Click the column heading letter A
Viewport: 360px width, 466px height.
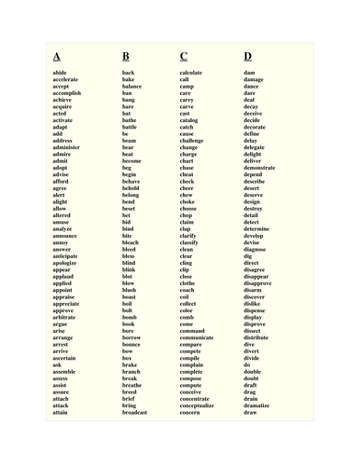point(57,56)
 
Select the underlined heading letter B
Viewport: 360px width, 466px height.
point(126,56)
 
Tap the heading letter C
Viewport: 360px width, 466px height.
point(184,56)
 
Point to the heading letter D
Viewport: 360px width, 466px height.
point(248,56)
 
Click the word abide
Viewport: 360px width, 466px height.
point(60,73)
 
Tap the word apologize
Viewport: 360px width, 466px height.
point(65,264)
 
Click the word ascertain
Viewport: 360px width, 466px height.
point(65,359)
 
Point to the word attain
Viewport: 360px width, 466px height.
point(61,413)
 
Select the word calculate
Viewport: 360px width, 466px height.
point(191,73)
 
